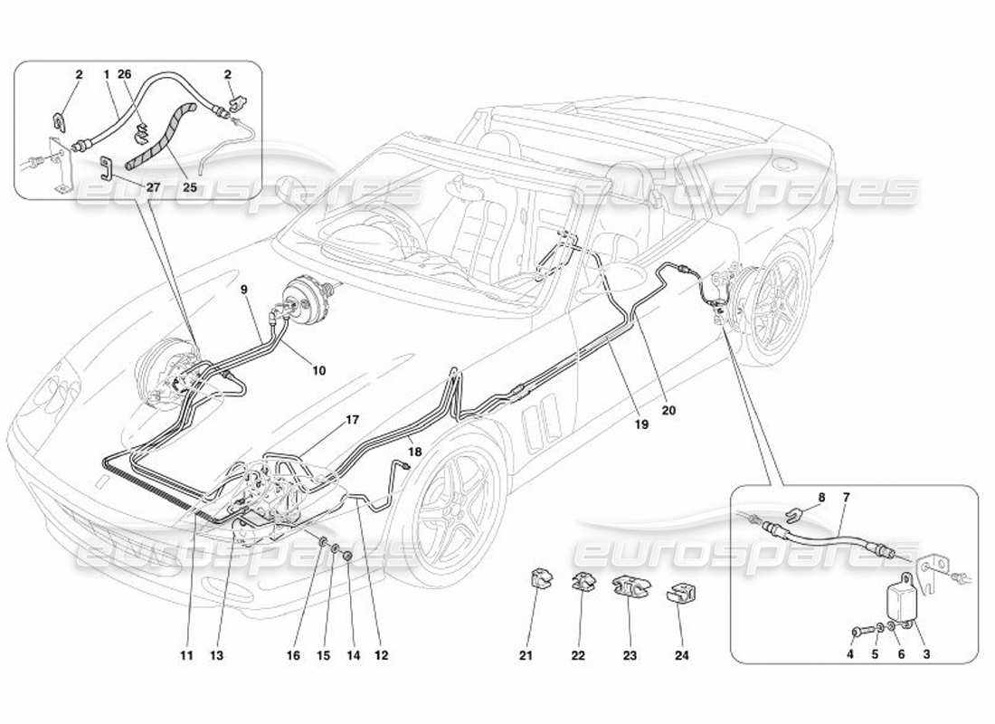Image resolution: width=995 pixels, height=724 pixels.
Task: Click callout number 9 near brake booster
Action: [x=243, y=290]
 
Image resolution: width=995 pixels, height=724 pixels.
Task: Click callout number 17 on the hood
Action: [x=353, y=420]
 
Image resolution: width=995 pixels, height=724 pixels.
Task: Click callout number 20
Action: [x=668, y=409]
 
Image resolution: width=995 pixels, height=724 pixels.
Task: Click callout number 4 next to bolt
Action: [x=851, y=655]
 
